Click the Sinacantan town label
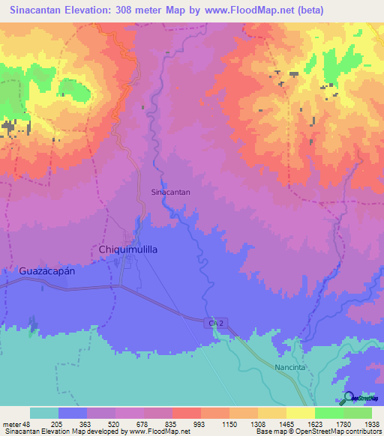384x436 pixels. (x=170, y=192)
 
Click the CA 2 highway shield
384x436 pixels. (x=213, y=321)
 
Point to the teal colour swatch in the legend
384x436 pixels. (x=43, y=413)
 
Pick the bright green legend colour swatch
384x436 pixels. (x=328, y=413)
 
